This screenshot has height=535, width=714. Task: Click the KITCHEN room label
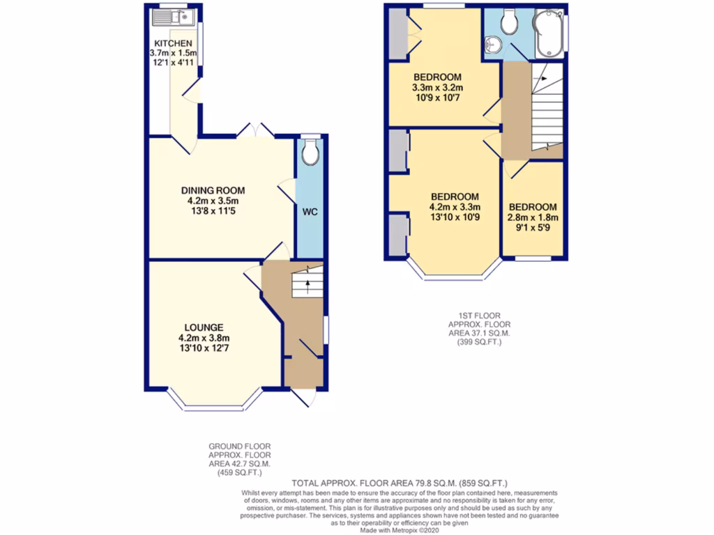click(173, 43)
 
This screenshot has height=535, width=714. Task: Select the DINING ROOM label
click(213, 190)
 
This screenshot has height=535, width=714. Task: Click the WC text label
click(310, 211)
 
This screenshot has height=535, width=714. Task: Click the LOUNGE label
click(204, 327)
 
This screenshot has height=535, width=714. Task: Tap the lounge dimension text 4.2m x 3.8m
click(204, 338)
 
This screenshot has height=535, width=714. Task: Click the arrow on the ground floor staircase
click(307, 282)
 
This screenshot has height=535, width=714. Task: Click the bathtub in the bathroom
click(549, 32)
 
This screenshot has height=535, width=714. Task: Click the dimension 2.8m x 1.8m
click(533, 217)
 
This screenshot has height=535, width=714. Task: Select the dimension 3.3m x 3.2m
click(438, 88)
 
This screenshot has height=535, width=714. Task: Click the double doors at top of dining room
click(255, 131)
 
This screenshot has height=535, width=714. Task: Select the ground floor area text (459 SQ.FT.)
click(239, 473)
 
